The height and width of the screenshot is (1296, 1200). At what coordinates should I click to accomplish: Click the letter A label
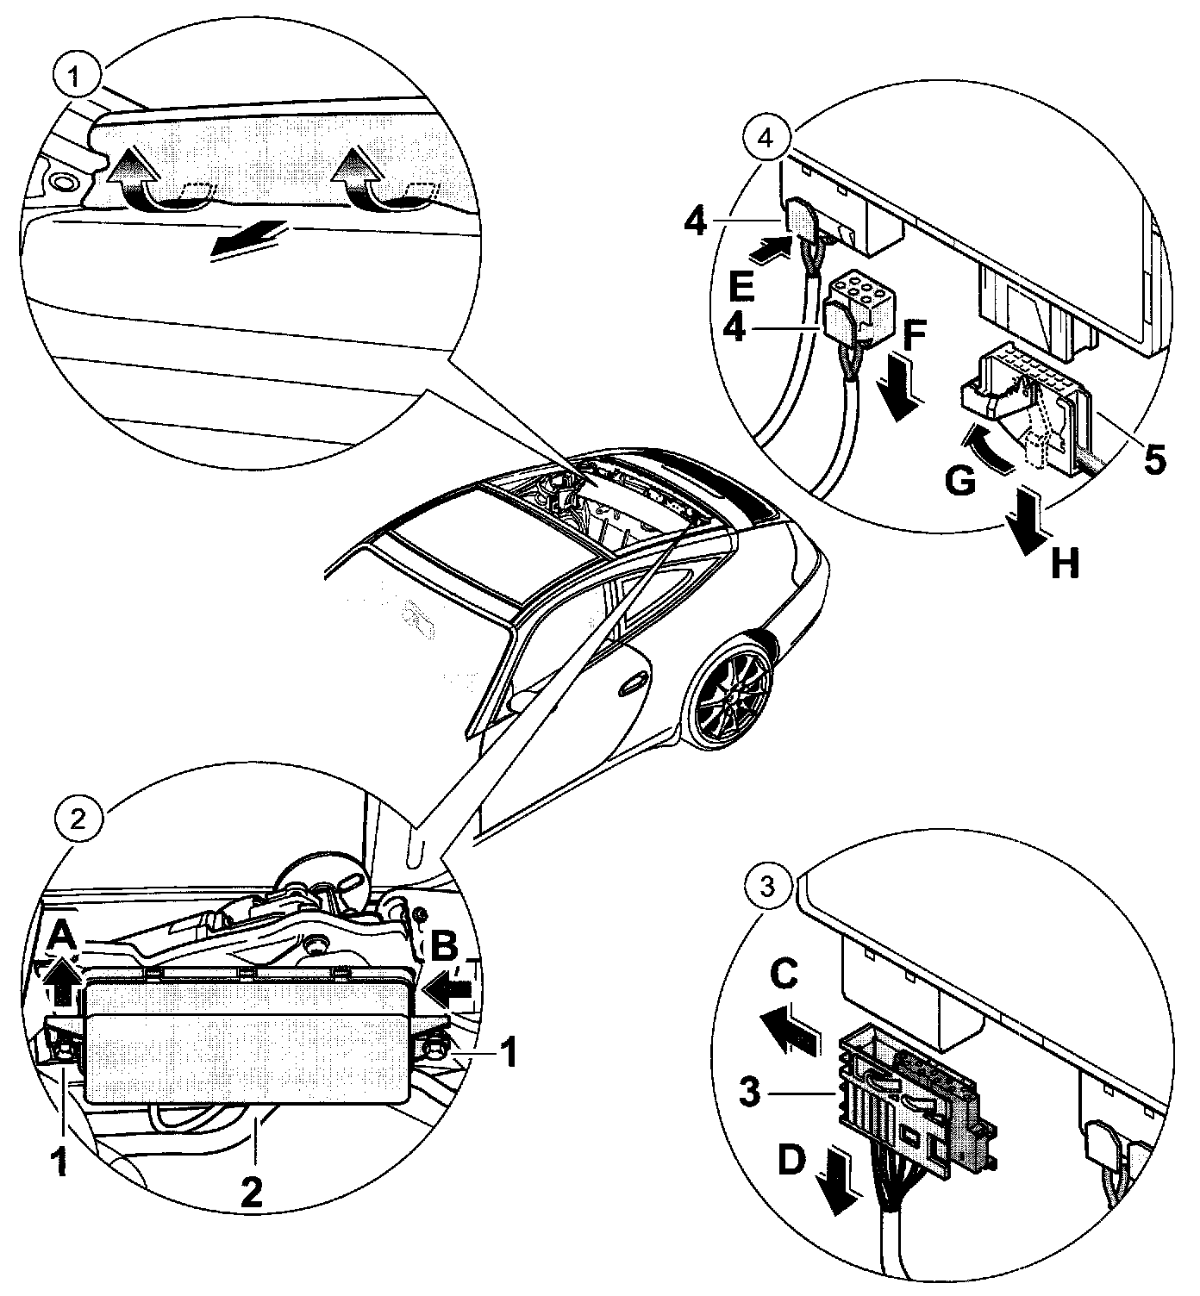tap(60, 934)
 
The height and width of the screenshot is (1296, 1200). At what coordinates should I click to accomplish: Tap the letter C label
tap(785, 975)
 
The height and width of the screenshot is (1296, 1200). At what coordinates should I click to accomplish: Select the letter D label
tap(792, 1162)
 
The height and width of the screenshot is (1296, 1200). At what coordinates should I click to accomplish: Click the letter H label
tap(1065, 564)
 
